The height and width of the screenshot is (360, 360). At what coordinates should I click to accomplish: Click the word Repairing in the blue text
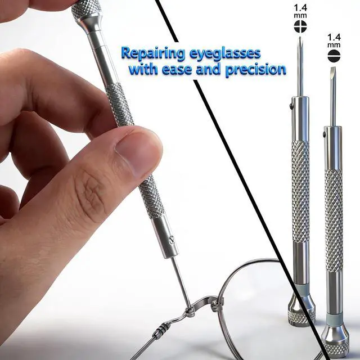pyautogui.click(x=152, y=54)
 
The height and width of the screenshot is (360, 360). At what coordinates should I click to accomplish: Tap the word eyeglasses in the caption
pyautogui.click(x=226, y=54)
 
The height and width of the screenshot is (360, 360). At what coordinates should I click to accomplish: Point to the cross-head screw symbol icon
pyautogui.click(x=300, y=26)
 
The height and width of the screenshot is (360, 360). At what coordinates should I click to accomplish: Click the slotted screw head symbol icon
pyautogui.click(x=334, y=56)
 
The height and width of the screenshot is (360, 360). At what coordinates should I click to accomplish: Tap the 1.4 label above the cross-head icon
pyautogui.click(x=300, y=8)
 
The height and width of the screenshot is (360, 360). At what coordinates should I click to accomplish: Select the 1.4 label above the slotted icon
pyautogui.click(x=334, y=37)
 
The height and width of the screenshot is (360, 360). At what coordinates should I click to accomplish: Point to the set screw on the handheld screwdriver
pyautogui.click(x=172, y=240)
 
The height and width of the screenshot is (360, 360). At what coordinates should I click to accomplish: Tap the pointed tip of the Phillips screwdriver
pyautogui.click(x=300, y=38)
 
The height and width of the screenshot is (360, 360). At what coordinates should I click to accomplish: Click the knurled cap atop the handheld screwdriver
pyautogui.click(x=86, y=10)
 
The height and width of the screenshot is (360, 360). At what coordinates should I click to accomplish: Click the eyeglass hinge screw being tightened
pyautogui.click(x=190, y=310)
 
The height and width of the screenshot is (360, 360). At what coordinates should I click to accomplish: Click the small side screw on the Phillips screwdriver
pyautogui.click(x=291, y=106)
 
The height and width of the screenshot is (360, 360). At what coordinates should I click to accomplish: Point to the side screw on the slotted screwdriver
pyautogui.click(x=324, y=134)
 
